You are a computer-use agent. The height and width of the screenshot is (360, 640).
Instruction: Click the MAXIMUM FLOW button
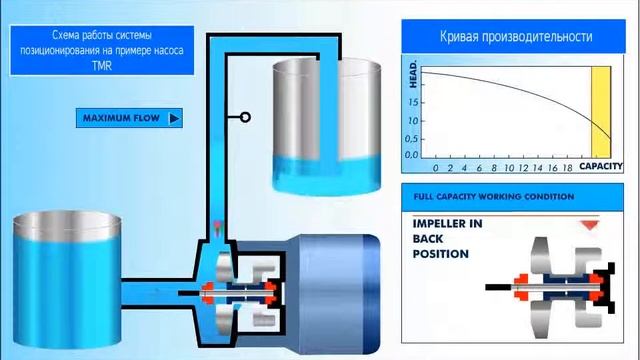(129, 118)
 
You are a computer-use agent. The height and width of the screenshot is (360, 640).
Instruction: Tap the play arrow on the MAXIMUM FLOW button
(174, 118)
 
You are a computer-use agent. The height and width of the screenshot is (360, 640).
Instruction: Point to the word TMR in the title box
(102, 65)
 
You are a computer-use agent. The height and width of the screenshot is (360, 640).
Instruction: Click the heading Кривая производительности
(516, 36)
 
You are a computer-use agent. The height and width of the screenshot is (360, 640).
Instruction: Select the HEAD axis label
(413, 74)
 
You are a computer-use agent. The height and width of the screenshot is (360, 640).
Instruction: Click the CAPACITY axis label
(601, 166)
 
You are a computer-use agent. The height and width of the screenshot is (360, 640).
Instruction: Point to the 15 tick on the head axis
(413, 102)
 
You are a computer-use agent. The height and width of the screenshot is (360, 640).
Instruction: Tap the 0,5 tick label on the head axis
(411, 139)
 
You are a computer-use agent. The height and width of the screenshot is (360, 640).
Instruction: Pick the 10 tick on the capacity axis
(509, 168)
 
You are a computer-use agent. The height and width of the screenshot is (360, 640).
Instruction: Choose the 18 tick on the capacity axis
(567, 168)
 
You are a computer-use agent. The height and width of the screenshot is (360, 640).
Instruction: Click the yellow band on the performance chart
(601, 112)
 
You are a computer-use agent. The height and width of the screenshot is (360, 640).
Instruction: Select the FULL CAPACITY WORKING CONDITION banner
(512, 197)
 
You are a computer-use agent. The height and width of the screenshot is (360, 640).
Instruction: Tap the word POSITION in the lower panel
(440, 254)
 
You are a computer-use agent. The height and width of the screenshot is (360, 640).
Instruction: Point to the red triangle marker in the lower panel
(589, 225)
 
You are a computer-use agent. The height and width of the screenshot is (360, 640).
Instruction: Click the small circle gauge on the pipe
(245, 118)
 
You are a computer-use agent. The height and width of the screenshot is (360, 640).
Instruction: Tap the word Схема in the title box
(66, 35)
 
